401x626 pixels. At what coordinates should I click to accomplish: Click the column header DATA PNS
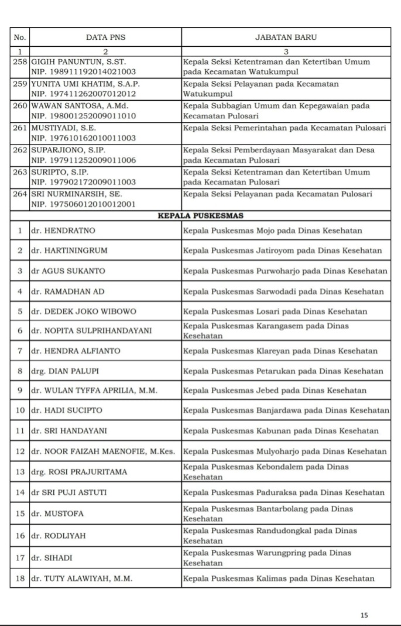pyautogui.click(x=105, y=37)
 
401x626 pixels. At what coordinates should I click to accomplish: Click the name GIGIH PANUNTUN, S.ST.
pyautogui.click(x=78, y=61)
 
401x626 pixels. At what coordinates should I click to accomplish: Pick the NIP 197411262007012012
pyautogui.click(x=84, y=93)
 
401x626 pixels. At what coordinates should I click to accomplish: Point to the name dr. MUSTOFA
pyautogui.click(x=57, y=514)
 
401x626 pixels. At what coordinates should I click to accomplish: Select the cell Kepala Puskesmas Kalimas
pyautogui.click(x=279, y=579)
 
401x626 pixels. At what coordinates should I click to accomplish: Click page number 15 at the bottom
pyautogui.click(x=364, y=615)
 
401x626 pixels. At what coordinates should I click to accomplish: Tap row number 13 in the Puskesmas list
pyautogui.click(x=20, y=472)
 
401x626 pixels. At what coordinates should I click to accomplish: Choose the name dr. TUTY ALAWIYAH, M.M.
pyautogui.click(x=81, y=579)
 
